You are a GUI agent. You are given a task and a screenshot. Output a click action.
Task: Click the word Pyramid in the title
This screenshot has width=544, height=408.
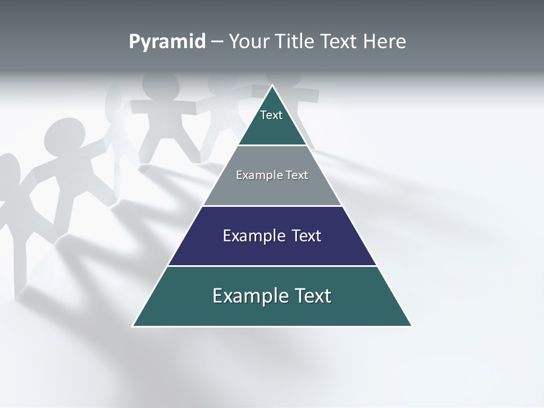click(167, 42)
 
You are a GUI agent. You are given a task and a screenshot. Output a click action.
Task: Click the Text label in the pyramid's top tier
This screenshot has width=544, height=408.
click(271, 116)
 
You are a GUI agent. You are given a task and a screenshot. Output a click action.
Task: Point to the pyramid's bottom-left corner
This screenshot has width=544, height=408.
click(133, 326)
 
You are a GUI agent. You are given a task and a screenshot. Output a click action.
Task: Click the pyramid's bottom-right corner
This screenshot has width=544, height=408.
click(411, 326)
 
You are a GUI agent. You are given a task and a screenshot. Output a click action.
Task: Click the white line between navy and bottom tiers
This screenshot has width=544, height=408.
click(272, 266)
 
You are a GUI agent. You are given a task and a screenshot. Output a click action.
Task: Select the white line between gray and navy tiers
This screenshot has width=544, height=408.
click(272, 206)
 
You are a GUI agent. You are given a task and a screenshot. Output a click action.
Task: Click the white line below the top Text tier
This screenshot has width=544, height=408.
click(272, 146)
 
